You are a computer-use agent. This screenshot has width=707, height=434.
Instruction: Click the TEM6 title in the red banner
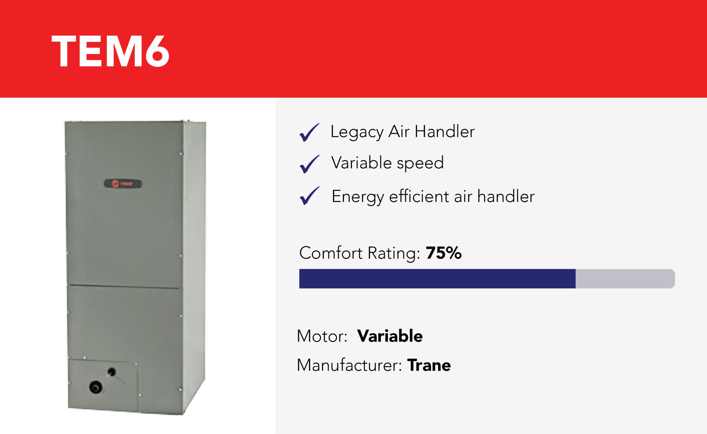[110, 52]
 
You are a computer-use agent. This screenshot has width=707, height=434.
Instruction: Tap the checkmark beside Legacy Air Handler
[309, 133]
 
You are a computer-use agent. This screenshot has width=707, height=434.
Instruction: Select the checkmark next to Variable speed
[309, 164]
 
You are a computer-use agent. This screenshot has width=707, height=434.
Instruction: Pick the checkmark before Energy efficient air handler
[309, 196]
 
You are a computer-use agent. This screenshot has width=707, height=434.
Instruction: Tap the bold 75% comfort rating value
[444, 253]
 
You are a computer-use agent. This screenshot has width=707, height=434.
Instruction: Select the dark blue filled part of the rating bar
[437, 279]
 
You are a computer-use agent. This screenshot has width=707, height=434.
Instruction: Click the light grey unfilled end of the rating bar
[625, 279]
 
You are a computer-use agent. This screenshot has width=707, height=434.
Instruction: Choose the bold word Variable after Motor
[390, 336]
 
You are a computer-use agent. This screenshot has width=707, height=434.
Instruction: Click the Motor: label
[322, 336]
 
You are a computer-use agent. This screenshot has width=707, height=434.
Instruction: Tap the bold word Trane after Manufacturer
[429, 365]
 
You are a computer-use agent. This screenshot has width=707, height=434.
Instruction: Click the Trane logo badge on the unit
[123, 184]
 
